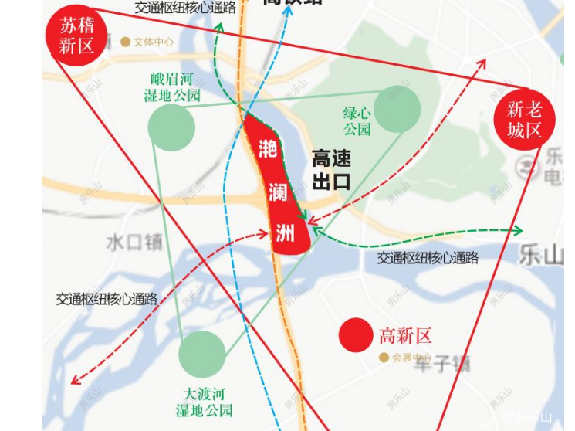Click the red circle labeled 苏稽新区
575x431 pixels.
[x=76, y=36]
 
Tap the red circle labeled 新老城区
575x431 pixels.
[x=524, y=120]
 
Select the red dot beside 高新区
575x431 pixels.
[x=356, y=335]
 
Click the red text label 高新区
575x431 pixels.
[x=405, y=336]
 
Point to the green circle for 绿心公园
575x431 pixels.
[x=397, y=108]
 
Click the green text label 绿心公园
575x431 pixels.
[x=357, y=121]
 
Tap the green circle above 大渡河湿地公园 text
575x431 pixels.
[x=202, y=354]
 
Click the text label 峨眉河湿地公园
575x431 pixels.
[x=172, y=87]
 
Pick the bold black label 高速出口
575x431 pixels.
[x=331, y=171]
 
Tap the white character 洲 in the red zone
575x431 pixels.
[x=285, y=232]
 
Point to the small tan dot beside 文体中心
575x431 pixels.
[x=125, y=42]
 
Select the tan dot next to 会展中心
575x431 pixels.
[x=384, y=358]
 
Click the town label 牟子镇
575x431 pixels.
[x=441, y=364]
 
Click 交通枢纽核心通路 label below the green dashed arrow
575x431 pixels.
[x=428, y=258]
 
